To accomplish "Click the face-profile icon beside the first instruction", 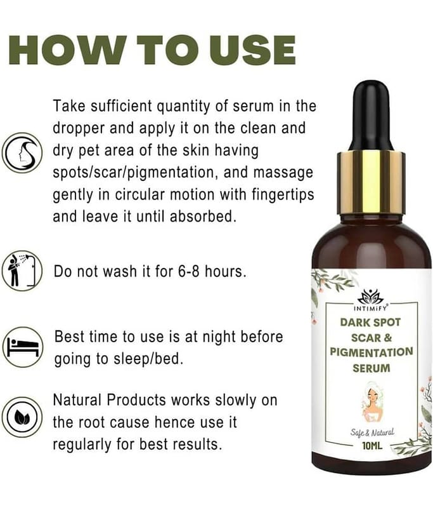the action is tap(22, 152).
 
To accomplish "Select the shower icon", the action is tap(22, 271).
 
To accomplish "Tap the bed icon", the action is tap(23, 347).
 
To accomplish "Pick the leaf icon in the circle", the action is tap(22, 417).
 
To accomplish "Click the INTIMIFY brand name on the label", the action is tap(371, 308).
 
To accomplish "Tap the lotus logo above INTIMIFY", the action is tap(371, 297).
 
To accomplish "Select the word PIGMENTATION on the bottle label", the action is tap(372, 352).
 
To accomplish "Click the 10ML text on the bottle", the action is tap(372, 446).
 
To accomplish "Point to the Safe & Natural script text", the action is tap(372, 432).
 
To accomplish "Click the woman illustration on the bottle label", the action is tap(372, 402).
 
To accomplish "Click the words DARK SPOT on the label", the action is tap(370, 323).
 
